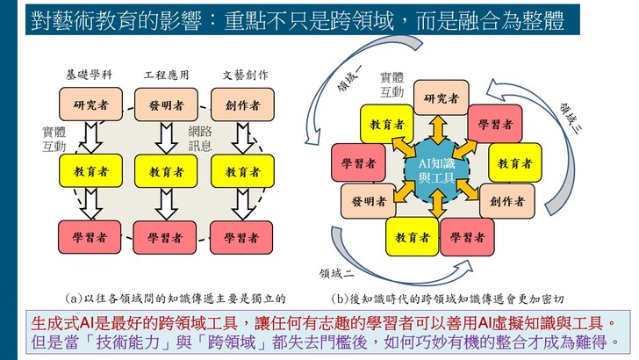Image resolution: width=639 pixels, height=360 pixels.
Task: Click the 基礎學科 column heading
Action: coord(89,75)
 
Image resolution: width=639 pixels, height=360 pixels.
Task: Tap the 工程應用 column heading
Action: coord(166,75)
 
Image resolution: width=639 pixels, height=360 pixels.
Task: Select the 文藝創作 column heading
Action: coord(246,75)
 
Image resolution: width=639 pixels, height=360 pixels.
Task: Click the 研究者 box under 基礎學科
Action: coord(91,104)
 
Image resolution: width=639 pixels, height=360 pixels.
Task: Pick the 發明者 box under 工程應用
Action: coord(166,104)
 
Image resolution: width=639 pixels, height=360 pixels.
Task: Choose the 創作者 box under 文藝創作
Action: coord(242,104)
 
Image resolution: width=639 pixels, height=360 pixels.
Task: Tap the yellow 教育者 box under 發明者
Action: coord(166,171)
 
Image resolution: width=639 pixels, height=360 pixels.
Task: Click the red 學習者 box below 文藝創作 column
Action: coord(241,237)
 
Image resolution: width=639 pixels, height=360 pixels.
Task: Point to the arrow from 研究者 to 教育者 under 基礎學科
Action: coord(91,138)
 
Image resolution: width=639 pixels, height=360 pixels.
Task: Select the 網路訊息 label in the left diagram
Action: coord(200,139)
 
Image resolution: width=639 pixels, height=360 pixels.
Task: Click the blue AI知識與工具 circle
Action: coord(437,170)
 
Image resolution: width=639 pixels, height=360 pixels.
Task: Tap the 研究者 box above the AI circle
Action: coord(441,97)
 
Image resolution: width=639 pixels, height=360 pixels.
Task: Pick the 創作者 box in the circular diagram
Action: coord(507,201)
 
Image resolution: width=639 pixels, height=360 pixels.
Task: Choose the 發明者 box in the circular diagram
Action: coord(369,200)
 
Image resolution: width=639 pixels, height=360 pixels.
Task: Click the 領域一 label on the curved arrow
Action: coord(349,77)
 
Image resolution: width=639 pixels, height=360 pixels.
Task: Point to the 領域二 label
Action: coord(337,274)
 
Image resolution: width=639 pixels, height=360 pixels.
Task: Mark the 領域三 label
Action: coord(571,119)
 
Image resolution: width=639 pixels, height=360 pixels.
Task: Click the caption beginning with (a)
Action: coord(176,299)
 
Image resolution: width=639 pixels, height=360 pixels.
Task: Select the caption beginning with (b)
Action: coord(448,299)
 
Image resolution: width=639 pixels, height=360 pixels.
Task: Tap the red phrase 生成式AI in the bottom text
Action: coord(62,323)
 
